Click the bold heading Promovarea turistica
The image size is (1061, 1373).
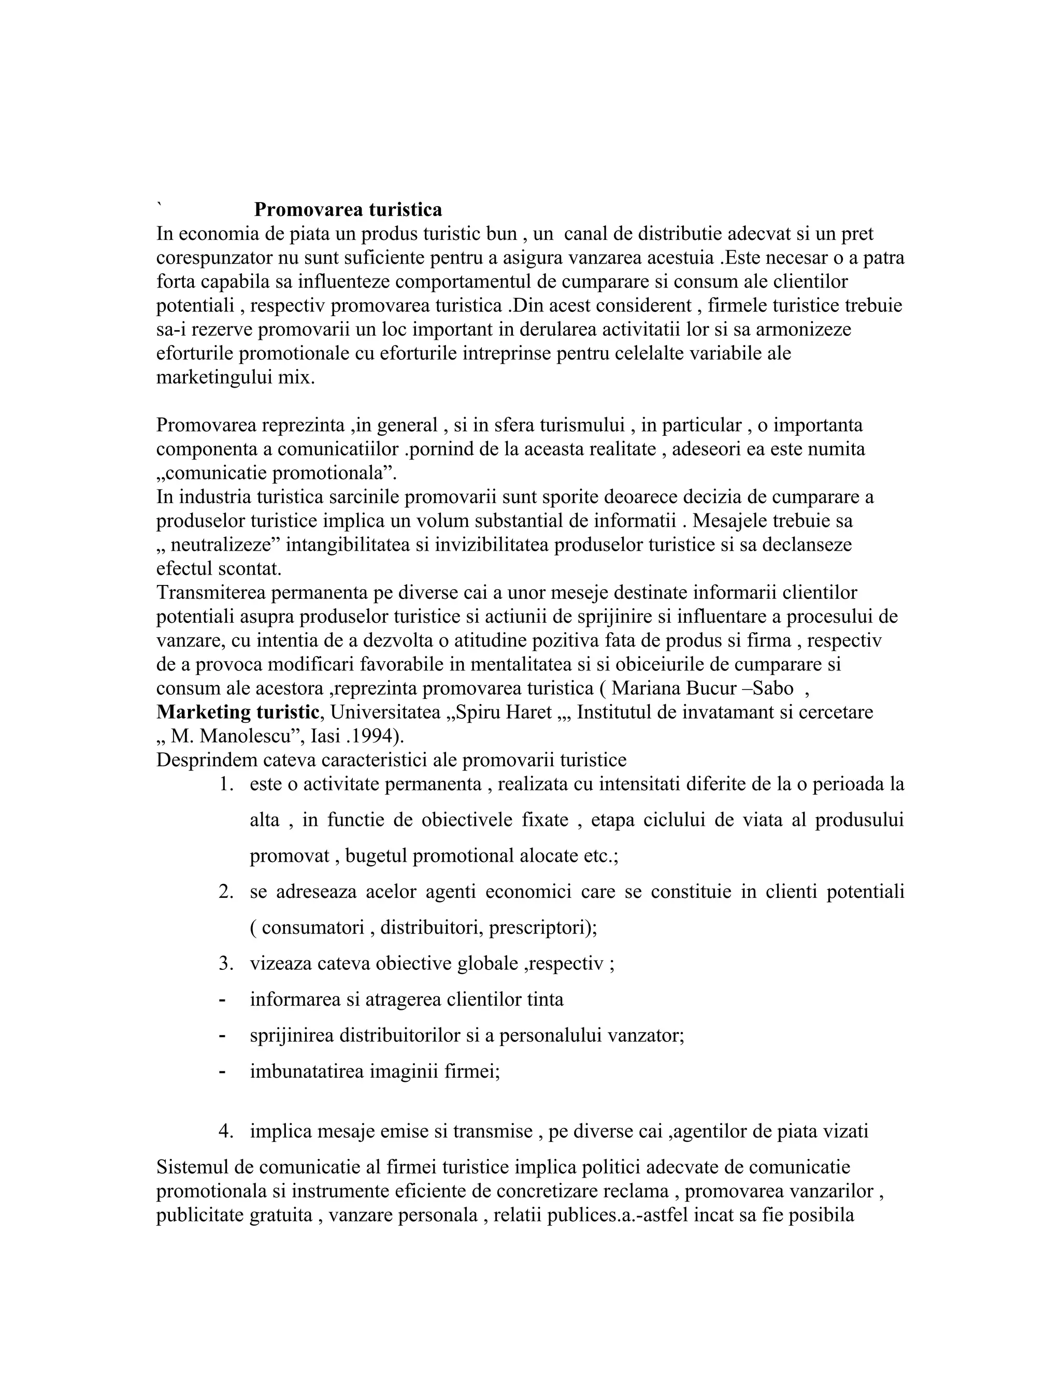coord(348,209)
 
